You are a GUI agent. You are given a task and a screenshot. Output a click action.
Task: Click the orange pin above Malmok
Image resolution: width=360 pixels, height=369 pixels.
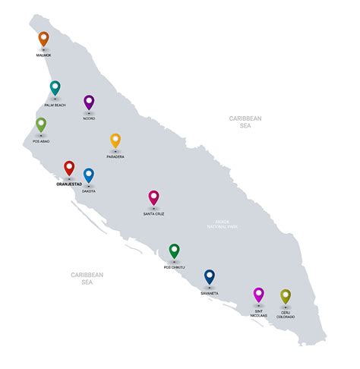[43, 39]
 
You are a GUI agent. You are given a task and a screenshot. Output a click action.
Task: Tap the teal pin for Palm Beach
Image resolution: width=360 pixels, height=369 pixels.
[55, 88]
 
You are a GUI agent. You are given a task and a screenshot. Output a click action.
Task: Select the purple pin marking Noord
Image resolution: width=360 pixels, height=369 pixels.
[89, 102]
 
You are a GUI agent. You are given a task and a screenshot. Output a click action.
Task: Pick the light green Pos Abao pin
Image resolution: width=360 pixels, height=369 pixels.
[41, 125]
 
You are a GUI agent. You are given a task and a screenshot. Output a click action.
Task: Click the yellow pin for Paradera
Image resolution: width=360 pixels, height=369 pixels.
[115, 140]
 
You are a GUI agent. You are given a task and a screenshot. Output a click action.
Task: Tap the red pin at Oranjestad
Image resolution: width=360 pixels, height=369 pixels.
[69, 168]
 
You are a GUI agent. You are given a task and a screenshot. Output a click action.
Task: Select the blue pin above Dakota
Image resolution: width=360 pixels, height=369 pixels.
[89, 175]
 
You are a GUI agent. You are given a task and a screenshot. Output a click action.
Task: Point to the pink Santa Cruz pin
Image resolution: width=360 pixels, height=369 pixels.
[153, 197]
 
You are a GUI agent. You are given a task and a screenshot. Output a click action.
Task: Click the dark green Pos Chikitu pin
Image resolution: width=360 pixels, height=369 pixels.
[174, 251]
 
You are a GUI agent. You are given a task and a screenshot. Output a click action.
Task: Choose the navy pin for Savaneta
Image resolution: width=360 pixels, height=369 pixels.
[210, 276]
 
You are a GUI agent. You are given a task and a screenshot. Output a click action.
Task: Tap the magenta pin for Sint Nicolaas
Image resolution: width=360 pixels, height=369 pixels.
[258, 295]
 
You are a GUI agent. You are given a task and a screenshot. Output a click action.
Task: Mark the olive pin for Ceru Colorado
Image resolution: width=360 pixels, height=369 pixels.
[286, 295]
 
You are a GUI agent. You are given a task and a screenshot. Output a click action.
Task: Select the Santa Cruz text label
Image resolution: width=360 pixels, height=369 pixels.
[153, 214]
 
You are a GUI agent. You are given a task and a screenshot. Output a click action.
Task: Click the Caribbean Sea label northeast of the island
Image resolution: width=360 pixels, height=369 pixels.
[245, 122]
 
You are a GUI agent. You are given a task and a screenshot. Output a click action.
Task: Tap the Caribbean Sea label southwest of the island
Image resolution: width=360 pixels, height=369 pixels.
[87, 278]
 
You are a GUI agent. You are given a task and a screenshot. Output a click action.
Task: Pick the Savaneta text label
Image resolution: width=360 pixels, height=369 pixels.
[210, 292]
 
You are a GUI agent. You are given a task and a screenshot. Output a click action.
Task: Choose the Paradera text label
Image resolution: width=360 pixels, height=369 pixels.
[115, 157]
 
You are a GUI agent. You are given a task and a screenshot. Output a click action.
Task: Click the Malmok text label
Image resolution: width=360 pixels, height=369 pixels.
[43, 55]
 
